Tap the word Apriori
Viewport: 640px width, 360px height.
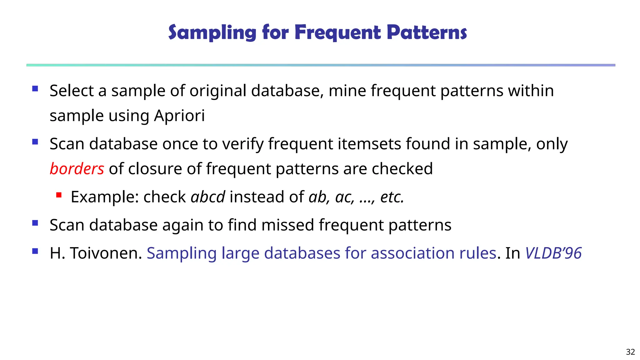pos(179,116)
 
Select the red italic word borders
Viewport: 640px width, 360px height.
pos(77,169)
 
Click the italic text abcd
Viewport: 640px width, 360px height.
pos(208,197)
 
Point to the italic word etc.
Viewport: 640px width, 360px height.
pos(392,197)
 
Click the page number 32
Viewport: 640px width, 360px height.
pos(630,352)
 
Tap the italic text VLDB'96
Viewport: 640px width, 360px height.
pos(553,253)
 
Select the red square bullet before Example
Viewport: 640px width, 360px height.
pos(59,195)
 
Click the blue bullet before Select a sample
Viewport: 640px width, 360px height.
pos(35,89)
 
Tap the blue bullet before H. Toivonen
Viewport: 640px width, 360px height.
pos(35,251)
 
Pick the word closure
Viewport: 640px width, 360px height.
pos(155,169)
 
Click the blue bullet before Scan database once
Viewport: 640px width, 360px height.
pos(35,142)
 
